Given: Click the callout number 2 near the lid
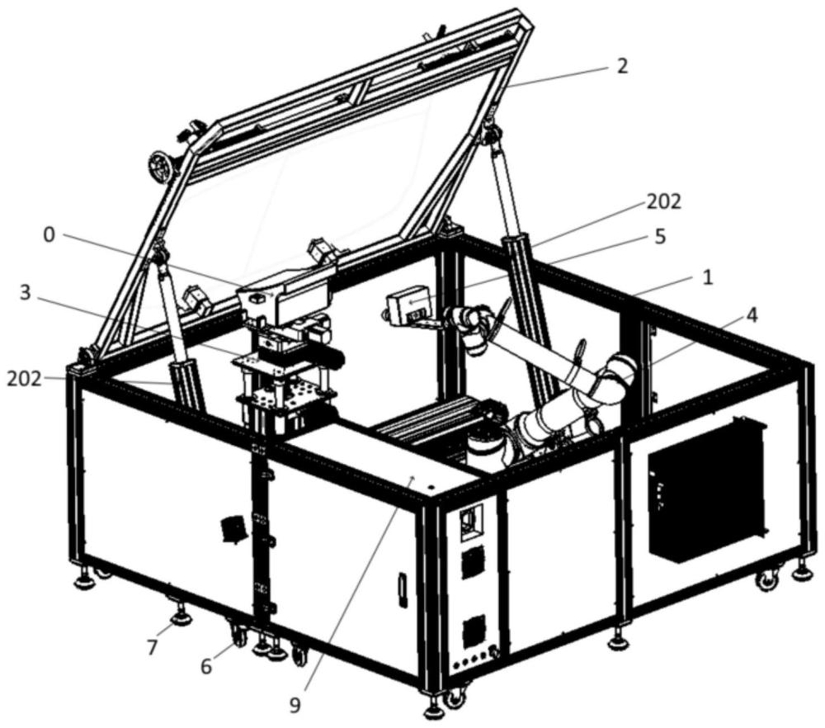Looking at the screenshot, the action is [x=622, y=65].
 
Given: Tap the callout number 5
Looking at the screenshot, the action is [x=658, y=237].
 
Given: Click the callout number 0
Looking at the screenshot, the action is [x=49, y=234].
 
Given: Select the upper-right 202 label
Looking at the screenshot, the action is [x=665, y=201].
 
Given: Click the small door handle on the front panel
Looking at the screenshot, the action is [x=403, y=590].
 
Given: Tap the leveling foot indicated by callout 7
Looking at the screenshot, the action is [x=179, y=616].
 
